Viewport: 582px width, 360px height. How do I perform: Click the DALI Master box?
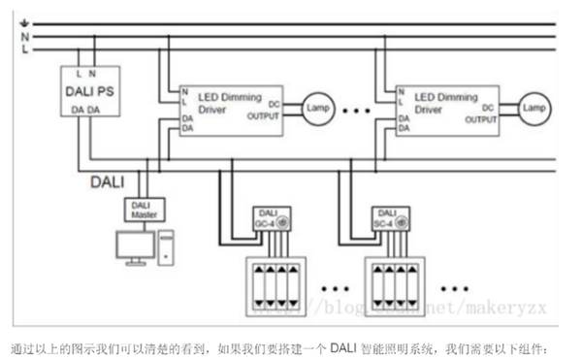144,209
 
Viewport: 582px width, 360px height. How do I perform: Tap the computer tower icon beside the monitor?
168,248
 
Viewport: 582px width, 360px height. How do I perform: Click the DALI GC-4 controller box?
266,219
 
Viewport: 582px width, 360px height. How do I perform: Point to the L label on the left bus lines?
24,48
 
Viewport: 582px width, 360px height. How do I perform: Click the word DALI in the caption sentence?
343,346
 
